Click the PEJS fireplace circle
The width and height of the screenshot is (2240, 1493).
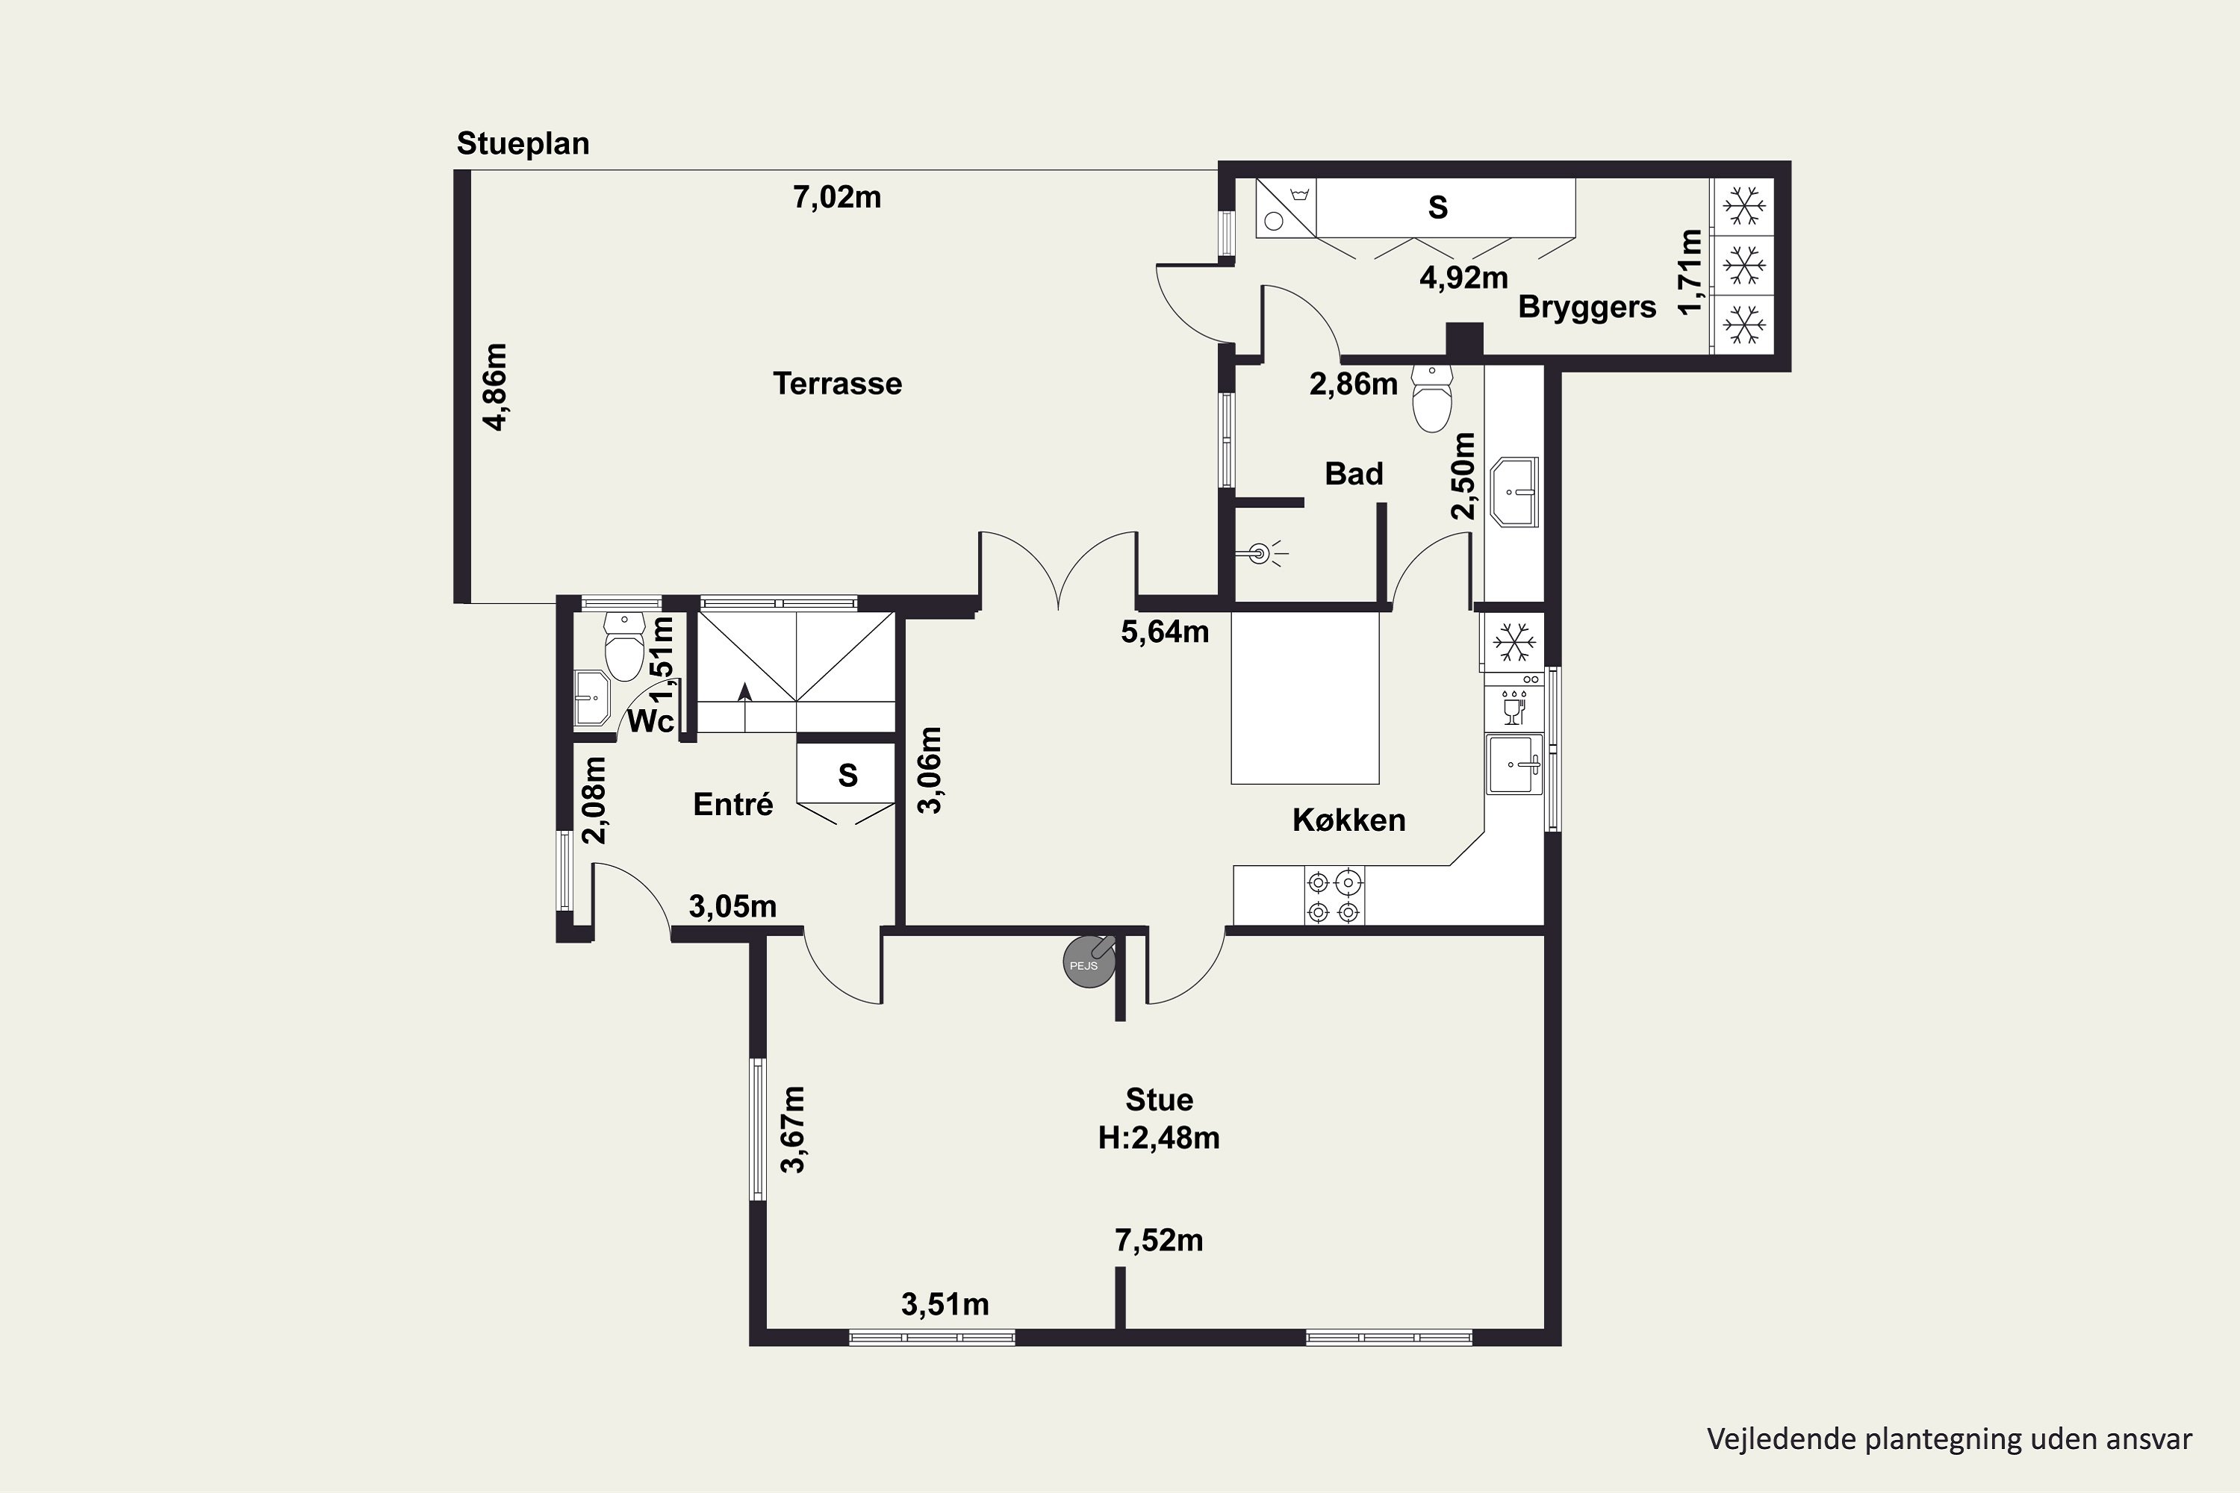(x=1089, y=961)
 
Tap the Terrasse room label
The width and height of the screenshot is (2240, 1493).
(x=837, y=384)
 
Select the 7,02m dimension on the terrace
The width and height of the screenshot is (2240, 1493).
(x=837, y=197)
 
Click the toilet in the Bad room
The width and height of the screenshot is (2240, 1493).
(x=1432, y=397)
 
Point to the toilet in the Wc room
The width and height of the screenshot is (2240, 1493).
(x=625, y=646)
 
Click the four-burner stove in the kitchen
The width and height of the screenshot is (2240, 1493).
(x=1334, y=896)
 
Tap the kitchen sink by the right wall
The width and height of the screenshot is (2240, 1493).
(x=1514, y=764)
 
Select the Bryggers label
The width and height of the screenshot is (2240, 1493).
(x=1587, y=308)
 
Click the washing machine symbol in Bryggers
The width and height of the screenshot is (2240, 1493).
(x=1285, y=208)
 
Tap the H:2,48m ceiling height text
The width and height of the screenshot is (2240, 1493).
(x=1158, y=1138)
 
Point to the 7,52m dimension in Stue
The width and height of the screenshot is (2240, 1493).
(x=1159, y=1241)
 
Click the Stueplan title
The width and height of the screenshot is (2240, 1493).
(x=523, y=144)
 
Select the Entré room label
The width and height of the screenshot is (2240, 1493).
(x=732, y=805)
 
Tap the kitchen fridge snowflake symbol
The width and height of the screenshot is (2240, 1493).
(x=1513, y=642)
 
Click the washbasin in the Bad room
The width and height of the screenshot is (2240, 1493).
(x=1514, y=492)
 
